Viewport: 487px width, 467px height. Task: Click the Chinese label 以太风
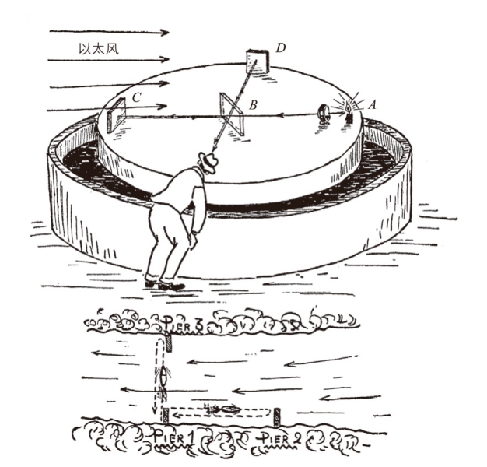[99, 49]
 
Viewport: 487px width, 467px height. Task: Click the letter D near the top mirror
[281, 47]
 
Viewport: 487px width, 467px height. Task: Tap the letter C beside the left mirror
[136, 97]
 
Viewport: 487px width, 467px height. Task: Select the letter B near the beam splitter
[253, 105]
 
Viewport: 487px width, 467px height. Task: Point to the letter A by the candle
[372, 105]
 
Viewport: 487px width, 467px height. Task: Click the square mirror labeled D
[258, 61]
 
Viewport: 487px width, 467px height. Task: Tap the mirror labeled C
[116, 115]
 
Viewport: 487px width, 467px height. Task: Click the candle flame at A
[348, 107]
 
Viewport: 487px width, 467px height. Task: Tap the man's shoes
[165, 285]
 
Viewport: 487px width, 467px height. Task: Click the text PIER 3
[184, 326]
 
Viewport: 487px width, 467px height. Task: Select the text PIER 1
[174, 439]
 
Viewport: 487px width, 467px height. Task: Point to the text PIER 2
[280, 439]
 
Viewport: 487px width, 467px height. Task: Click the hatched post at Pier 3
[169, 344]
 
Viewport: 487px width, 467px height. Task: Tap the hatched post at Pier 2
[277, 417]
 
